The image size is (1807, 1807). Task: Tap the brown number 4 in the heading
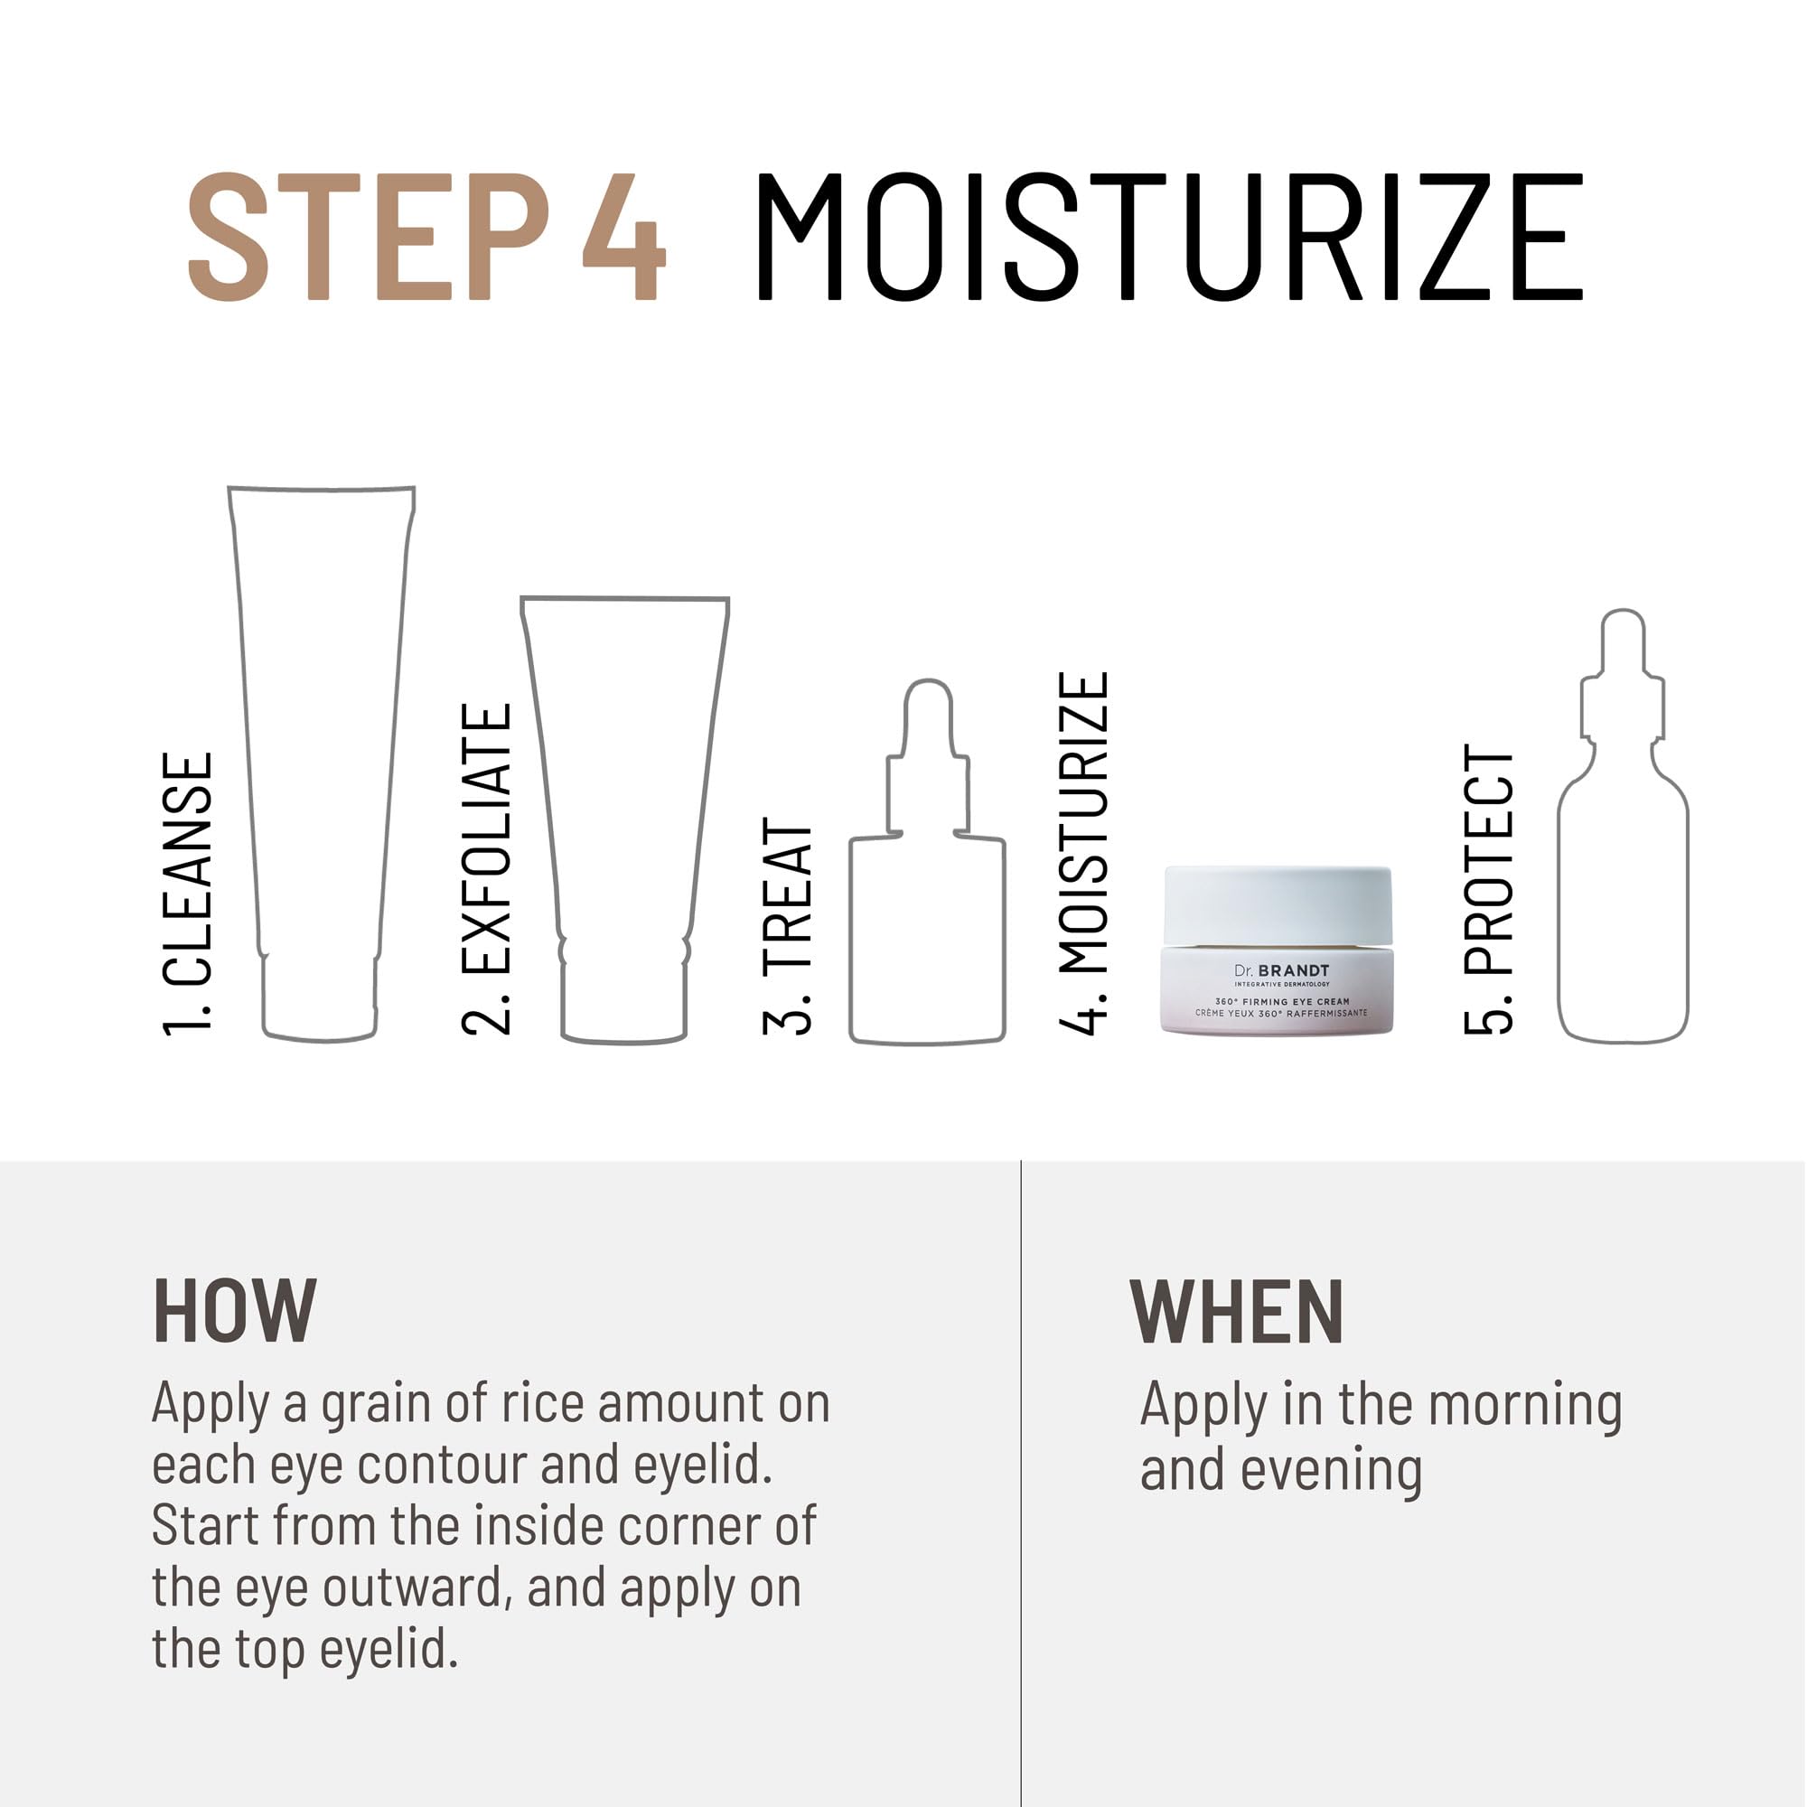[x=623, y=237]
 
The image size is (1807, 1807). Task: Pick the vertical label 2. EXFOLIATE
[x=486, y=869]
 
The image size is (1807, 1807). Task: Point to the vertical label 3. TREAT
[x=787, y=926]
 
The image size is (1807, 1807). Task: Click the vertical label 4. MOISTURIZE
[x=1083, y=852]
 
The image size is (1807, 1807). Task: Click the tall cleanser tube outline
[x=320, y=748]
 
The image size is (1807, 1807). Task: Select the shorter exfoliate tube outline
[x=625, y=804]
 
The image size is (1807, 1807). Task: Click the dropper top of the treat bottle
[x=928, y=748]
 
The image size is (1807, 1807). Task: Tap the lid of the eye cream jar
[x=1278, y=905]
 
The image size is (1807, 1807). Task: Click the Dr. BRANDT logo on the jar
[x=1281, y=971]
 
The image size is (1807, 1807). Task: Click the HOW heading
[x=235, y=1311]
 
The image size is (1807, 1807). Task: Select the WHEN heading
[x=1237, y=1311]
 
